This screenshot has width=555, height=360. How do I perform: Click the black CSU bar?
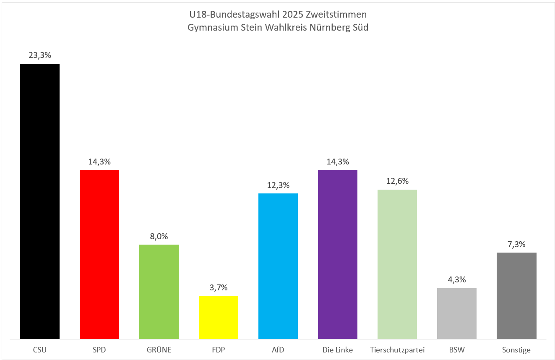coord(40,201)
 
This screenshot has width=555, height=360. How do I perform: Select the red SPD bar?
coord(99,254)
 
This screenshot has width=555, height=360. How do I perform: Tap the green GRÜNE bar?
coord(159,292)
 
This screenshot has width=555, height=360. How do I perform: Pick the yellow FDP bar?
coord(219,317)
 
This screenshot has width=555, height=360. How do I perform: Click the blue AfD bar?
coord(278,266)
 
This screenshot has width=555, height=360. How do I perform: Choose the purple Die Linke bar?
coord(338,254)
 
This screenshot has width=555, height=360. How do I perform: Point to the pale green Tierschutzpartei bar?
coord(397,264)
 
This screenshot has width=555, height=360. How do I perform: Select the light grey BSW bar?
coord(457,313)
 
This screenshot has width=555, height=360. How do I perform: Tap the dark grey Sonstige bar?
coord(516,296)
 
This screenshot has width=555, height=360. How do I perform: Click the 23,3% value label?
coord(40,55)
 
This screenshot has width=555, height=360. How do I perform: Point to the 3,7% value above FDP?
coord(219,287)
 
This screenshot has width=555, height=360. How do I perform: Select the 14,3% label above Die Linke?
coord(338,162)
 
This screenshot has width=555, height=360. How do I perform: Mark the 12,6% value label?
coord(397,181)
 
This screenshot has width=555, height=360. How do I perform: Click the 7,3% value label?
coord(516,244)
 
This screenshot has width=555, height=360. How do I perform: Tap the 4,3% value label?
coord(457,280)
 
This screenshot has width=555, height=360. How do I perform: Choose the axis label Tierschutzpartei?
coord(397,350)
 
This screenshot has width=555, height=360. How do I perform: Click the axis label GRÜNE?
coord(159,350)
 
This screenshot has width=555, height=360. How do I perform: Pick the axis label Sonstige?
coord(516,350)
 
